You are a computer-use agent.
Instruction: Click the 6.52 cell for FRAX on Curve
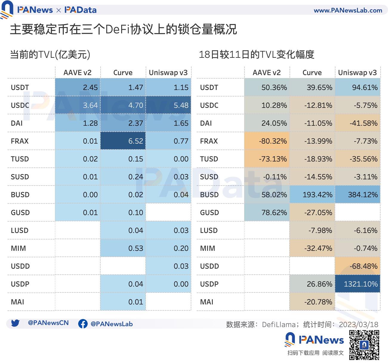(123, 141)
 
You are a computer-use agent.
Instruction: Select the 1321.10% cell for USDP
(358, 284)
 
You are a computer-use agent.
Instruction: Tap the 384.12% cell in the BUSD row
(358, 195)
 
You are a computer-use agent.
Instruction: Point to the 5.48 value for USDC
(168, 105)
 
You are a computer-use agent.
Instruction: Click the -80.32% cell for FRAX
(267, 141)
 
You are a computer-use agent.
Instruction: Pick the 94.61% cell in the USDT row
(358, 87)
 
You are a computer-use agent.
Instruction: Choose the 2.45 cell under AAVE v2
(78, 87)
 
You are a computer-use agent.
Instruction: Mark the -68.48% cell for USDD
(358, 266)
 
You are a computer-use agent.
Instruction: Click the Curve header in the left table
(123, 73)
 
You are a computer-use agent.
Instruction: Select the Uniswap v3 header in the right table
(358, 73)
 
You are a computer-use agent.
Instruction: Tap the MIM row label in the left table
(19, 248)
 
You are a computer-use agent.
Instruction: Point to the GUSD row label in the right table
(210, 212)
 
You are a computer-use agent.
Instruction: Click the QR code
(364, 345)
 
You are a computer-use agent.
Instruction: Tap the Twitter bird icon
(15, 323)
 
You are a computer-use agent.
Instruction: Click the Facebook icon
(83, 324)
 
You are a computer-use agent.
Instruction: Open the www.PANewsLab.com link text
(348, 10)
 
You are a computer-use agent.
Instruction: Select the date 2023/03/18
(358, 324)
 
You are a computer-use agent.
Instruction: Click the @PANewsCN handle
(48, 323)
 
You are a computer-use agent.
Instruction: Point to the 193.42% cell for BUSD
(312, 195)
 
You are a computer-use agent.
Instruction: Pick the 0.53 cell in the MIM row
(123, 248)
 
